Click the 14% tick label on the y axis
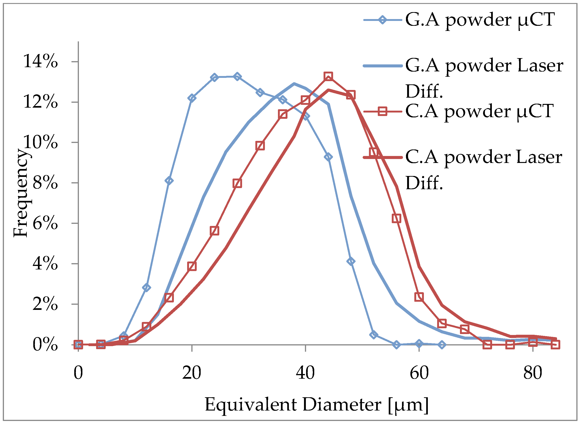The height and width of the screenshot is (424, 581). point(41,62)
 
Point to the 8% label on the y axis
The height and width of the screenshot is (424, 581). point(45,183)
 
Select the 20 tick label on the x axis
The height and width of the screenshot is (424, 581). point(192,373)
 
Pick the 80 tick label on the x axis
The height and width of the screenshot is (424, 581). point(533,373)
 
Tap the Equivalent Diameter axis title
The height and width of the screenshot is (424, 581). point(317,405)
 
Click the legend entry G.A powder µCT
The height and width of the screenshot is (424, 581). point(480,20)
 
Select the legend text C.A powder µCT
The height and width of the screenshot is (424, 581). point(479,111)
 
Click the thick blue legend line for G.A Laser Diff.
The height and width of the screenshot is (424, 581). point(383,66)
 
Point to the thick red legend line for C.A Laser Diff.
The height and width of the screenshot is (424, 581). point(383,157)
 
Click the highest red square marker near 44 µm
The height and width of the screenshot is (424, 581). point(328,76)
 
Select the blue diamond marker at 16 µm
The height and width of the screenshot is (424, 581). point(169,181)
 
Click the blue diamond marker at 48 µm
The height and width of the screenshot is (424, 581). point(351,262)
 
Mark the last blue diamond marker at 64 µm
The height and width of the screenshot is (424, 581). point(442,345)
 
